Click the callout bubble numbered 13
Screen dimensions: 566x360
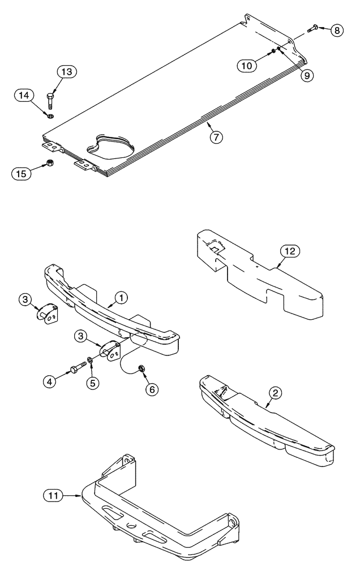(x=66, y=72)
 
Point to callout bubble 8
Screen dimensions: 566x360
(x=337, y=31)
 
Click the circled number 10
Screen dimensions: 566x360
(x=247, y=65)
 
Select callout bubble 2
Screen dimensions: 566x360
(x=275, y=391)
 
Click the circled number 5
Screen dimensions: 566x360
(x=91, y=383)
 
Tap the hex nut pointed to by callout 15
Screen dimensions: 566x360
(x=50, y=164)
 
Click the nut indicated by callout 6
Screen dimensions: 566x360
(x=142, y=369)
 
